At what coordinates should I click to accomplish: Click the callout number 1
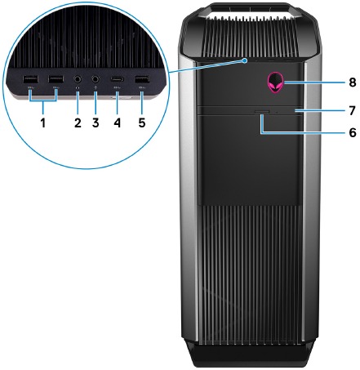(x=43, y=123)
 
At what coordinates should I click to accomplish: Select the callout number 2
(x=78, y=123)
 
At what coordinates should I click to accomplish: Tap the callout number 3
(x=96, y=123)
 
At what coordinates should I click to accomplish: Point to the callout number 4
(x=117, y=123)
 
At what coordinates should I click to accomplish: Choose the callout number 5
(x=142, y=123)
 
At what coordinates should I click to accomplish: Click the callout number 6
(x=353, y=132)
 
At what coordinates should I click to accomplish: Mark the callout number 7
(x=353, y=111)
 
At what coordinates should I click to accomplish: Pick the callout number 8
(x=353, y=82)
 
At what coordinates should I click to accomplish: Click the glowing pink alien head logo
(x=276, y=81)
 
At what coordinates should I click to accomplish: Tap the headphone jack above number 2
(x=78, y=79)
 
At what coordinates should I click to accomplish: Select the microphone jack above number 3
(x=96, y=79)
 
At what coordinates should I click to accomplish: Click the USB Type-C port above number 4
(x=117, y=79)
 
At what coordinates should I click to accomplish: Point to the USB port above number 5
(x=142, y=79)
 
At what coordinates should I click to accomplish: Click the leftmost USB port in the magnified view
(x=30, y=79)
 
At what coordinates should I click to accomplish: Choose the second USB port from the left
(x=56, y=79)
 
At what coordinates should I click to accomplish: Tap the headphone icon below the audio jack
(x=78, y=87)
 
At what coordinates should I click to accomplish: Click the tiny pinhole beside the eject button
(x=277, y=112)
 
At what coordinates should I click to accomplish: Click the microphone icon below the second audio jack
(x=96, y=87)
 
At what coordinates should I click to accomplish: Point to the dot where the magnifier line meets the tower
(x=246, y=61)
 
